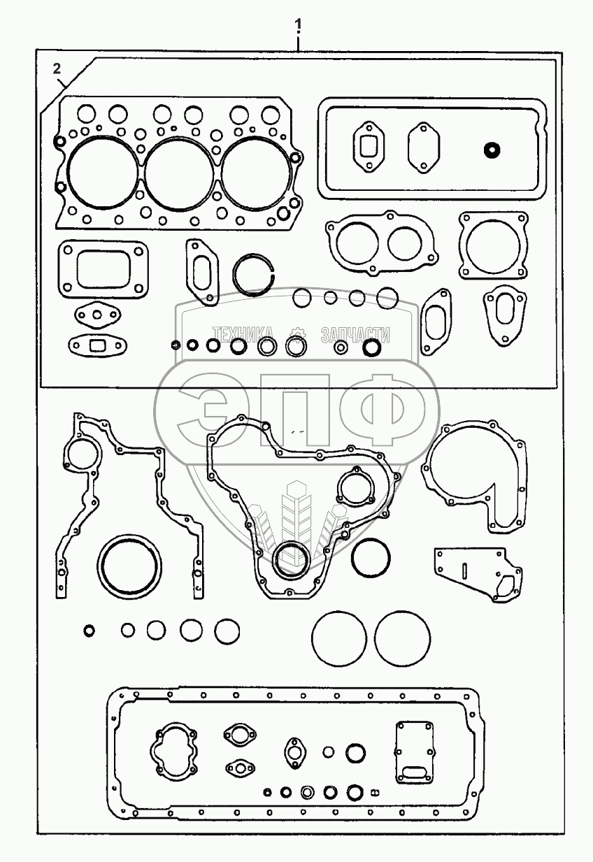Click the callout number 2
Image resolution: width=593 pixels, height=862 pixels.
57,68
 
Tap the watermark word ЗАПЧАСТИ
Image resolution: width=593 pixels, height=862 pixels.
355,335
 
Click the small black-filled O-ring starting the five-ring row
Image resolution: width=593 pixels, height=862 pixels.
89,631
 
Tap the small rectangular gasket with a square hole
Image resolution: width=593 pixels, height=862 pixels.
96,343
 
